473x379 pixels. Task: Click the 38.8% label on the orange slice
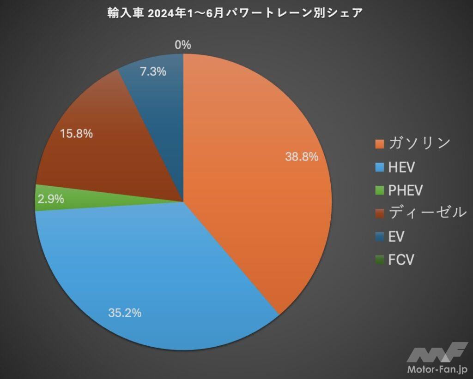[x=302, y=157]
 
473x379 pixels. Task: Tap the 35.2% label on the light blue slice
[x=125, y=313]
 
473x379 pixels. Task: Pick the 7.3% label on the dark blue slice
[x=153, y=72]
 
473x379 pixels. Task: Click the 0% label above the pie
[x=183, y=45]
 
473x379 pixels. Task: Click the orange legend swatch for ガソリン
[x=380, y=144]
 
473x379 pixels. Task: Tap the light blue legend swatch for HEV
[x=380, y=167]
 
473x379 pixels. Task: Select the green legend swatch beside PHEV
[x=380, y=190]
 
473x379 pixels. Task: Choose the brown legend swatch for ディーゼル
[x=380, y=213]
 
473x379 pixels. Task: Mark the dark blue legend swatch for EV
[x=380, y=237]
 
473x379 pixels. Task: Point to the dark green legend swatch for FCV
[x=380, y=260]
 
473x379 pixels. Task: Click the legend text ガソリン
[x=419, y=143]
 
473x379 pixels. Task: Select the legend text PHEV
[x=406, y=190]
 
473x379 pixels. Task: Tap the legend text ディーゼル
[x=426, y=213]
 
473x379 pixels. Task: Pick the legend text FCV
[x=401, y=260]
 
